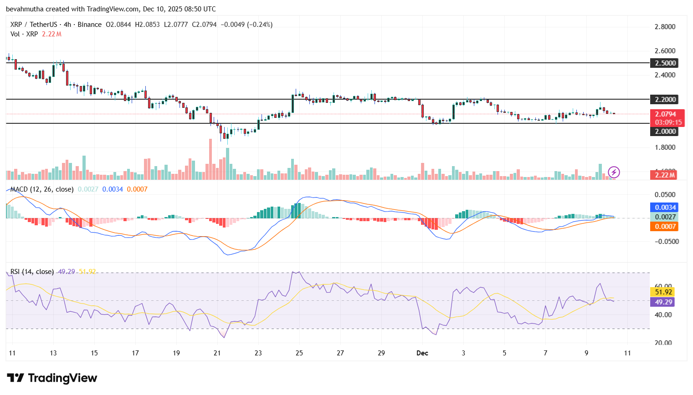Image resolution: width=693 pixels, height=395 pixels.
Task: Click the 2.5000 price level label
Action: (665, 63)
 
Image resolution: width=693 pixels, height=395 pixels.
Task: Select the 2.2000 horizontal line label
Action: (665, 99)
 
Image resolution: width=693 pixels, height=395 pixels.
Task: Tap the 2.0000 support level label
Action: (665, 132)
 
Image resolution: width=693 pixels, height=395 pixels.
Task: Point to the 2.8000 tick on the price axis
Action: (665, 27)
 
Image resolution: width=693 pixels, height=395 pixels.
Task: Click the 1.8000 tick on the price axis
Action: (665, 147)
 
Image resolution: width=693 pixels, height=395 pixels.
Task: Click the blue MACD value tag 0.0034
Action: (665, 208)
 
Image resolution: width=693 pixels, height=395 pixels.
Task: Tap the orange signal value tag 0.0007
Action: (665, 227)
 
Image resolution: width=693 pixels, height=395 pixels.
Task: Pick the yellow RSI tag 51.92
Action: (663, 292)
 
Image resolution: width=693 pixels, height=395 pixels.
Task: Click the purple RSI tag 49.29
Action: (663, 302)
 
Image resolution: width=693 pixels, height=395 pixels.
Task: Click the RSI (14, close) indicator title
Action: (32, 272)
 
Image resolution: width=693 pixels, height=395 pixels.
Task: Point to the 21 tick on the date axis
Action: (217, 353)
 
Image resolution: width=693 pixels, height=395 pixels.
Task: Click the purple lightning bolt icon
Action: (614, 172)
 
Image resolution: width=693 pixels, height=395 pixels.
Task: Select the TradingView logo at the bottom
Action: (52, 378)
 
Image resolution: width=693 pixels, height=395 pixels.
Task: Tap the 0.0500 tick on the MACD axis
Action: (665, 195)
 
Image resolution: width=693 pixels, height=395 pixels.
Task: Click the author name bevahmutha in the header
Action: (25, 9)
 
